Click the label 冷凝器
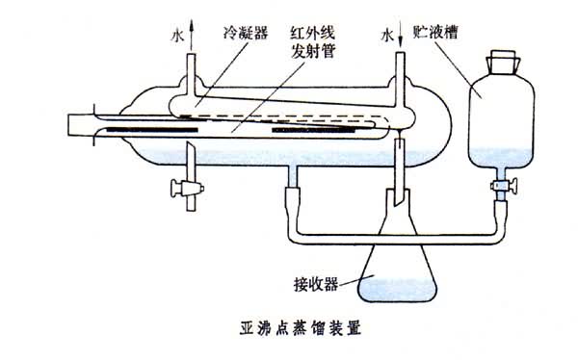[246, 33]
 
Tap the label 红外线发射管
[312, 42]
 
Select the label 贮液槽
[435, 32]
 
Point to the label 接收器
[316, 284]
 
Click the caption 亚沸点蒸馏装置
[301, 328]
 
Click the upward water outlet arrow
[191, 35]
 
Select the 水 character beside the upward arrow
[177, 36]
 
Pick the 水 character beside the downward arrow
[387, 36]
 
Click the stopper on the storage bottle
[503, 62]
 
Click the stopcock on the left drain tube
[187, 188]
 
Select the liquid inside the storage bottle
[501, 158]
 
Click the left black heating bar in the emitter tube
[152, 130]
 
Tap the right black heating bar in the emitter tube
[313, 130]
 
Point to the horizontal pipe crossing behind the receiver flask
[396, 239]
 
